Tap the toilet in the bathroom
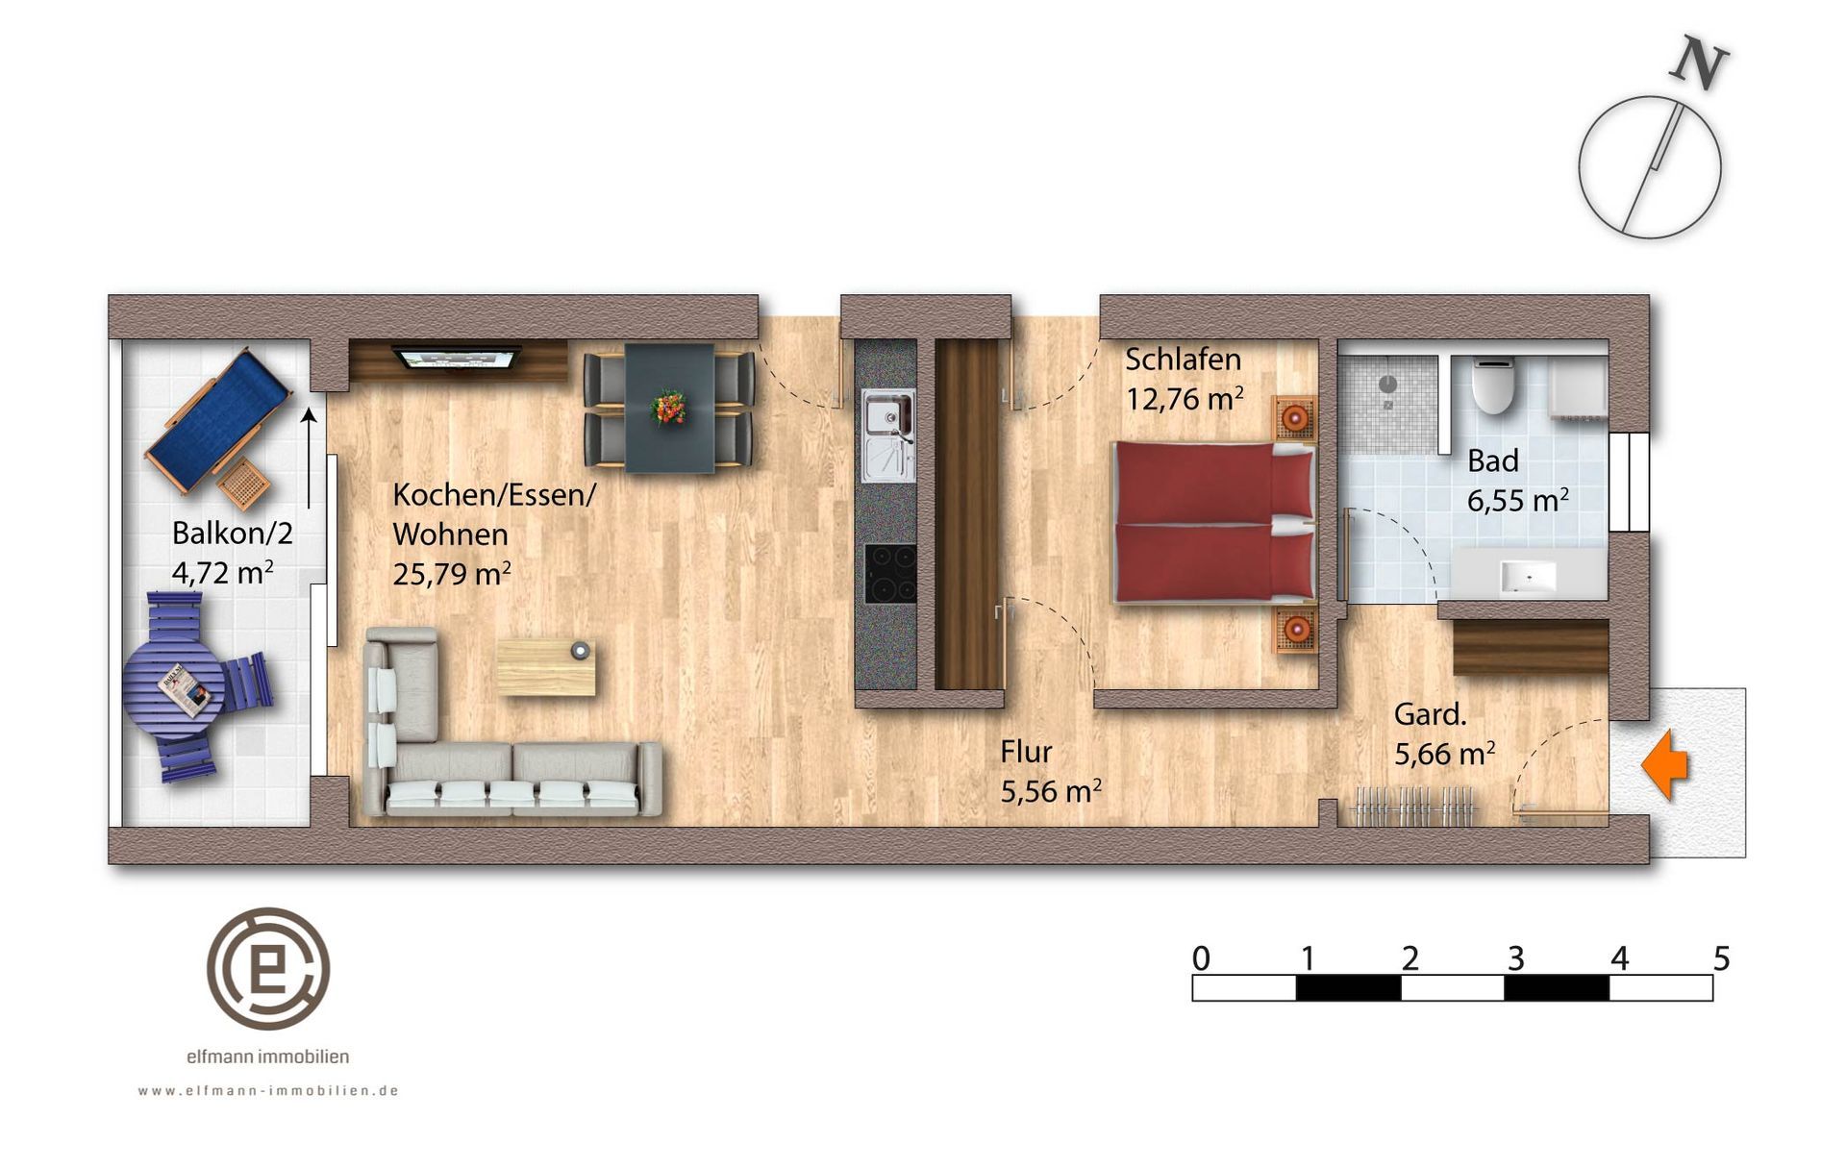click(x=1493, y=385)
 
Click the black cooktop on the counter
click(x=890, y=573)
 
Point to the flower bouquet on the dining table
click(x=668, y=407)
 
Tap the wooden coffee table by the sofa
click(x=545, y=668)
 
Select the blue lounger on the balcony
click(x=218, y=415)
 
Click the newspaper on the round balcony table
click(x=185, y=690)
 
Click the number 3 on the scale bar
click(x=1515, y=958)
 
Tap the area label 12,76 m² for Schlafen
click(x=1185, y=399)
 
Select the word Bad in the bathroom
click(x=1492, y=461)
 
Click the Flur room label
click(x=1026, y=752)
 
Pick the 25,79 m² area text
click(x=451, y=574)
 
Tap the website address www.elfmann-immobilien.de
click(x=268, y=1091)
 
